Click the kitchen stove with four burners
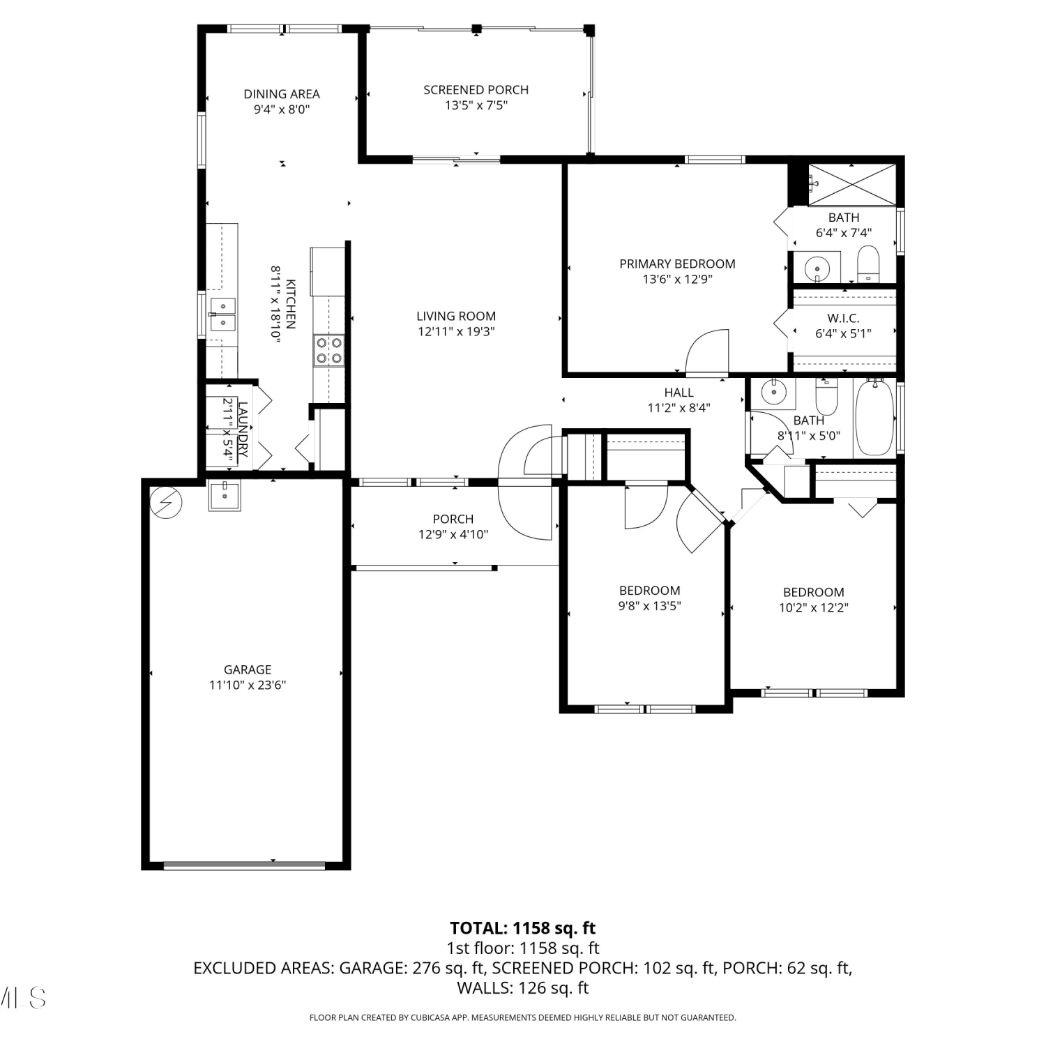pyautogui.click(x=328, y=350)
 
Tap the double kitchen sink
pyautogui.click(x=222, y=314)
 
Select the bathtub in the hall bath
pyautogui.click(x=874, y=417)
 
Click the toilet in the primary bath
pyautogui.click(x=868, y=264)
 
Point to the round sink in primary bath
pyautogui.click(x=816, y=267)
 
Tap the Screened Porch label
pyautogui.click(x=476, y=90)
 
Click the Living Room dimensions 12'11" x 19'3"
pyautogui.click(x=456, y=332)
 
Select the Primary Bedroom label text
pyautogui.click(x=678, y=264)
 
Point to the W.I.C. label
pyautogui.click(x=843, y=319)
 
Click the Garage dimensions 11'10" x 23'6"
pyautogui.click(x=248, y=685)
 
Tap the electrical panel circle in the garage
pyautogui.click(x=168, y=502)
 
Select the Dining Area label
pyautogui.click(x=282, y=93)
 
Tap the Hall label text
pyautogui.click(x=679, y=393)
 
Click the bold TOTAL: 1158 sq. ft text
pyautogui.click(x=523, y=928)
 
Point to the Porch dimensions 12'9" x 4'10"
pyautogui.click(x=453, y=535)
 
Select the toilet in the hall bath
pyautogui.click(x=826, y=396)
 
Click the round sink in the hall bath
pyautogui.click(x=773, y=392)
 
